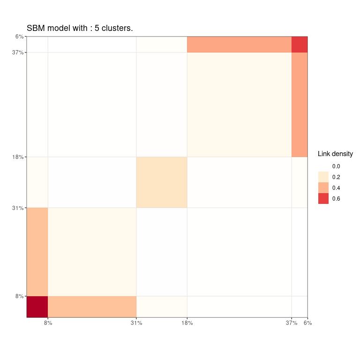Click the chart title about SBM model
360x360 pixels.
click(80, 29)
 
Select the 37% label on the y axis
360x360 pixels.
click(18, 52)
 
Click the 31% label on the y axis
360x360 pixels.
click(18, 208)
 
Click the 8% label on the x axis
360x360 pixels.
click(48, 323)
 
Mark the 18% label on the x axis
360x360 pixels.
click(187, 323)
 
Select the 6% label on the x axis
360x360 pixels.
click(307, 323)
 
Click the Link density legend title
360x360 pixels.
click(335, 154)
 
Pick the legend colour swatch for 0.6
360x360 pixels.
click(323, 199)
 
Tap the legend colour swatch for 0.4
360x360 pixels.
click(323, 188)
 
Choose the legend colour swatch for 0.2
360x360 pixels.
click(323, 177)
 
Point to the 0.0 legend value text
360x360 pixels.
click(336, 166)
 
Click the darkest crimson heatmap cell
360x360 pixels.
click(37, 307)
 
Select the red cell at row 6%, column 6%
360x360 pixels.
click(300, 45)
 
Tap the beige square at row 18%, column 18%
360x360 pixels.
click(162, 182)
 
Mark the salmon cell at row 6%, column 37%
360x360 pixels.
click(239, 45)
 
